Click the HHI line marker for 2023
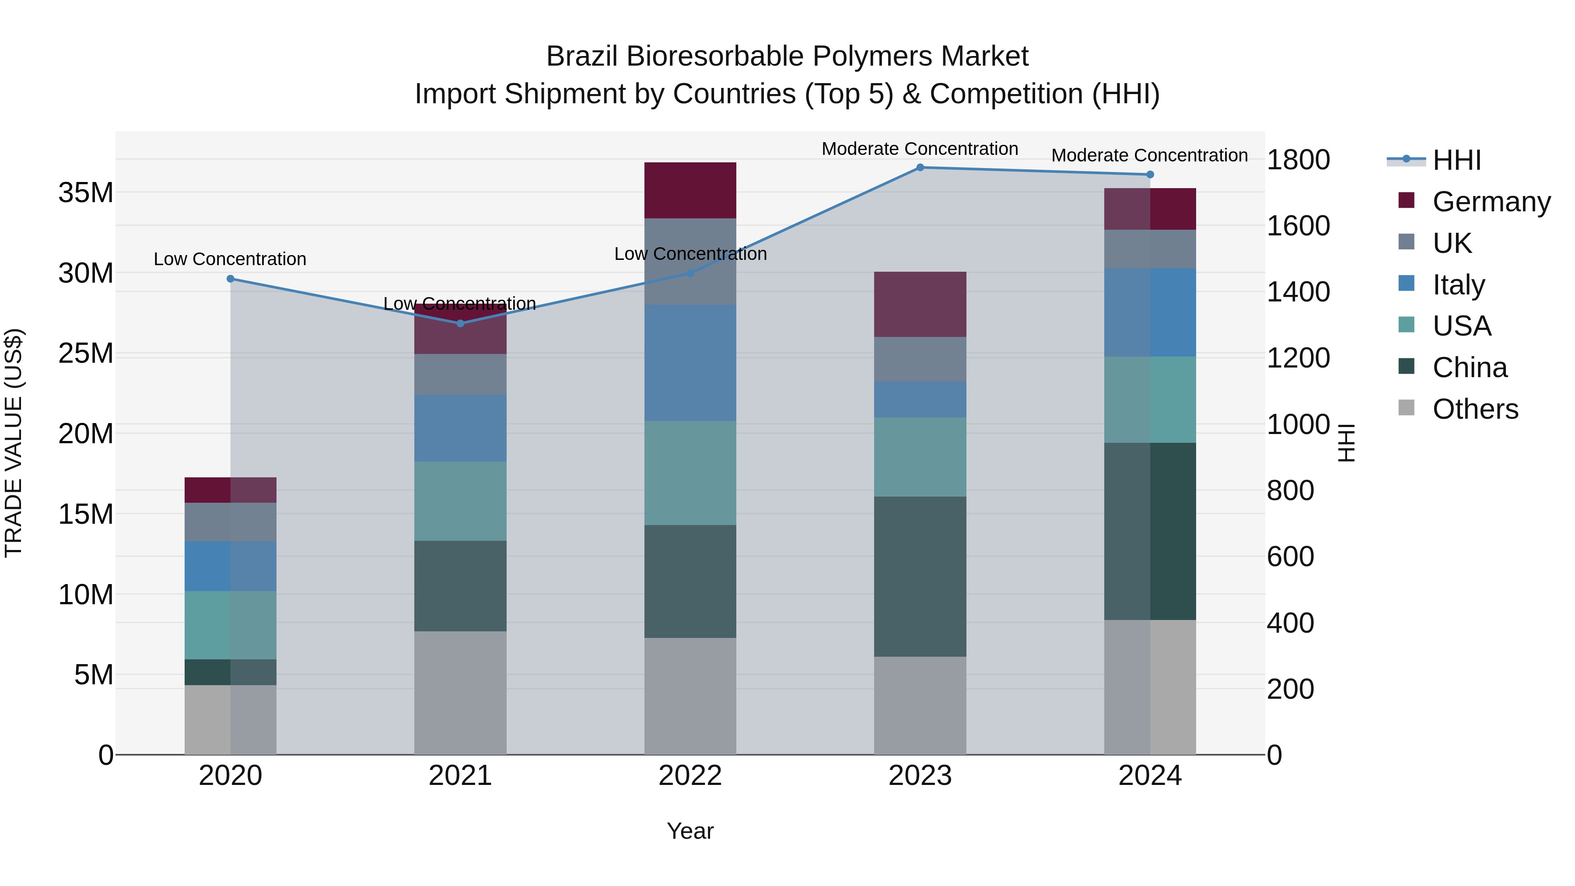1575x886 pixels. coord(920,167)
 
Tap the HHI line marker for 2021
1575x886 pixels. coord(460,323)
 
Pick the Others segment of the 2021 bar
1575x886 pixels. coord(460,692)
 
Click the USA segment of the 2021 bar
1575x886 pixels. coord(460,501)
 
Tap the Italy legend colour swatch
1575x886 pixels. coord(1406,284)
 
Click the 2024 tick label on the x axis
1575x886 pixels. coord(1149,775)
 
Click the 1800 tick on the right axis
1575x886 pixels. coord(1298,160)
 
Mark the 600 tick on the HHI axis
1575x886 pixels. coord(1290,557)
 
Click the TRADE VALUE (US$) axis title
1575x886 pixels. coord(14,443)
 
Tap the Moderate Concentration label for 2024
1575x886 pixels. coord(1149,155)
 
